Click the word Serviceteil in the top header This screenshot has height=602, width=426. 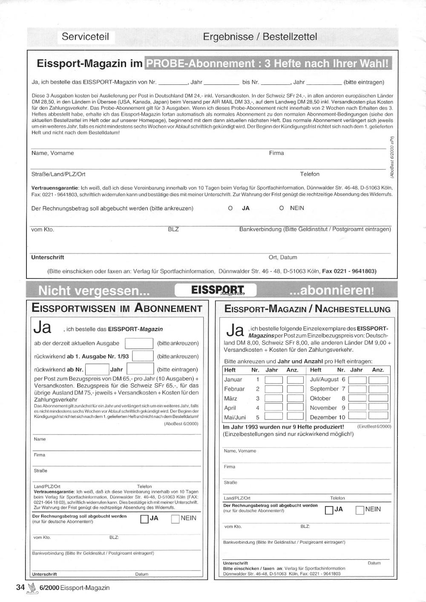85,37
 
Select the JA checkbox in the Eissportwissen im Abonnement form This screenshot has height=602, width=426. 144,519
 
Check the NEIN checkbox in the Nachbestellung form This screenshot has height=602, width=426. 360,510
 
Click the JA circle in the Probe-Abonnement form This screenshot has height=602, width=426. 230,208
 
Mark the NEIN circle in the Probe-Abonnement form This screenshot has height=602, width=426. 282,208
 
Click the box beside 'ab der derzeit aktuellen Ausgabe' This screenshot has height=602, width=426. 139,343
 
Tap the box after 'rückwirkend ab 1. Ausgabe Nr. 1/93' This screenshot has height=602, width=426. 143,356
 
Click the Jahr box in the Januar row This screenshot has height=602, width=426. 273,379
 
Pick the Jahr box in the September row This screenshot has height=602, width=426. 357,389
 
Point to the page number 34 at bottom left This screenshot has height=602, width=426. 20,587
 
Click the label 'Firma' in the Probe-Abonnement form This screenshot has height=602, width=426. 276,153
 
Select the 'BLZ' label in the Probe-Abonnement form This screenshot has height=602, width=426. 173,229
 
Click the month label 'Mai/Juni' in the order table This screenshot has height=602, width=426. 235,417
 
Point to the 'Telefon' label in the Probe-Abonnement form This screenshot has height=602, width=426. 310,174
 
